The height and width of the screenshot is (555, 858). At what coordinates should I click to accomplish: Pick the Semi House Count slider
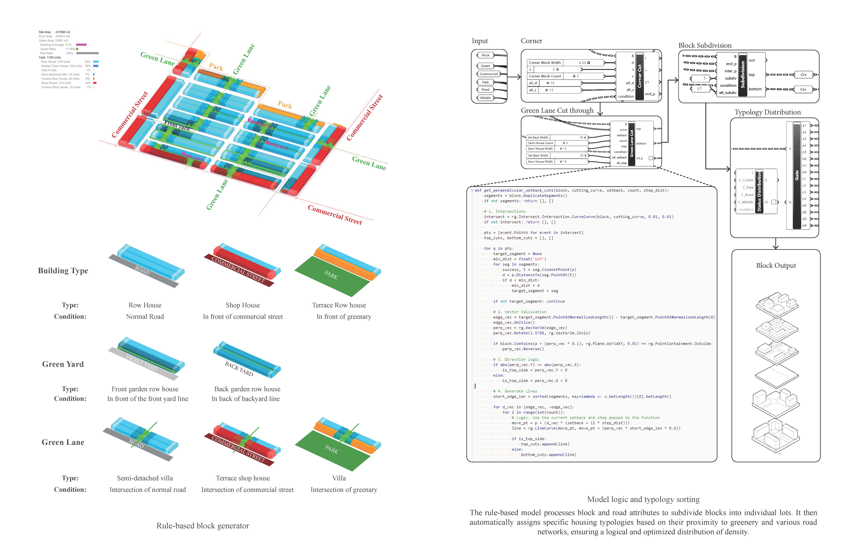[557, 143]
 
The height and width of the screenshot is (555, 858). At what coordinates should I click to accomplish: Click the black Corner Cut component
[640, 76]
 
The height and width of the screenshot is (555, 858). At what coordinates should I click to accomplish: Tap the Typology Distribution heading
[767, 112]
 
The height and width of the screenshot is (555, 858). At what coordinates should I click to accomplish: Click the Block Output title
[776, 266]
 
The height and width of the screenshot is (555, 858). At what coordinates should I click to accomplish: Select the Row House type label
[145, 305]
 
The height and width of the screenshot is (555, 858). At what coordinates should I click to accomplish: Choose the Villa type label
[339, 478]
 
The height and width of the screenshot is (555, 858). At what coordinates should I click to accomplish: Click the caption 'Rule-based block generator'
[203, 526]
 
